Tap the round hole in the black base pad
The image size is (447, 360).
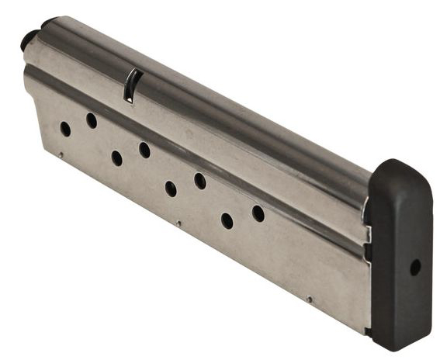pos(414,266)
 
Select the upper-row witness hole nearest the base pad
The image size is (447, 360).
pos(258,213)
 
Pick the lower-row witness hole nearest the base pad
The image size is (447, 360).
pos(227,221)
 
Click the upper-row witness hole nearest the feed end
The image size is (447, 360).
pos(92,120)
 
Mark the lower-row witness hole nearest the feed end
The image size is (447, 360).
pos(65,129)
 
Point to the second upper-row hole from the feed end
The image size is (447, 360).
pos(144,150)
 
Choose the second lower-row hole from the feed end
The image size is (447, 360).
pos(116,158)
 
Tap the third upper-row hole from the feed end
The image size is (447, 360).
pos(200,181)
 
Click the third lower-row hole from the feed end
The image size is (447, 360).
pos(171,189)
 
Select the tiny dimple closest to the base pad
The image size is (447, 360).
pos(309,299)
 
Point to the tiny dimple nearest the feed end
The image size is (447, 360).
pos(60,154)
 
